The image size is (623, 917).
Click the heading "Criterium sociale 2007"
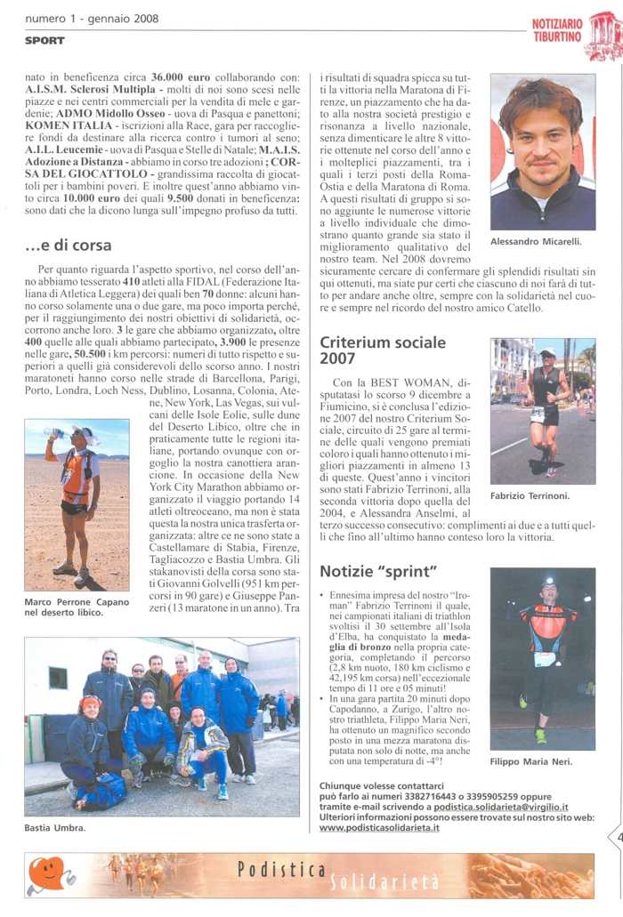[x=382, y=350]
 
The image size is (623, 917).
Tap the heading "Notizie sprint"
[x=378, y=570]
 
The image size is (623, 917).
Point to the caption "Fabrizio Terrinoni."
[x=530, y=496]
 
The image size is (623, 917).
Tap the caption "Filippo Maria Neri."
[x=531, y=761]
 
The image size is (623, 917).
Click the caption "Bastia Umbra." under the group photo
[x=55, y=828]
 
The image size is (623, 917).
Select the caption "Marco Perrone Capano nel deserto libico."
[x=77, y=607]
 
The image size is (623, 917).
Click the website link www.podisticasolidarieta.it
[x=378, y=827]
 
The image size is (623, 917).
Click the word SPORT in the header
[x=44, y=41]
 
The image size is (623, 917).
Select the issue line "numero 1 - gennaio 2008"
[x=92, y=19]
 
